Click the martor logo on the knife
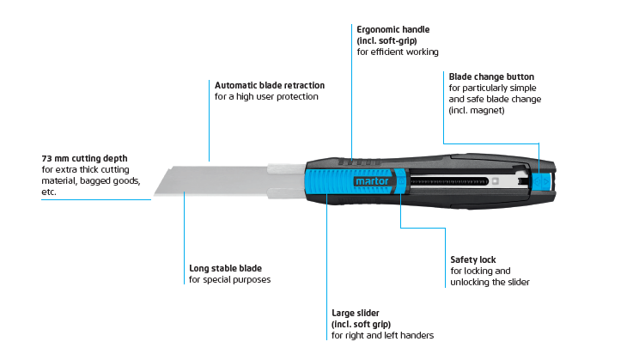[372, 181]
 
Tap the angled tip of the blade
[155, 194]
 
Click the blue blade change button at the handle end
[541, 181]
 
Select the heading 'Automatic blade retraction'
[270, 85]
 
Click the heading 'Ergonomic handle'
[393, 29]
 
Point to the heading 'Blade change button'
[491, 76]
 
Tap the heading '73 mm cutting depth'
[84, 158]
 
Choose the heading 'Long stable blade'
[225, 268]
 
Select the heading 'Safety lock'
[472, 259]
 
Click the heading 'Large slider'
[355, 313]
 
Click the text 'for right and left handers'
[382, 336]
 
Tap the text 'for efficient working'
[398, 52]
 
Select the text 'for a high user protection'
[266, 96]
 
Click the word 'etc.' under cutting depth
[48, 192]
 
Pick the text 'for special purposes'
[229, 280]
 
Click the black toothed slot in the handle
[449, 181]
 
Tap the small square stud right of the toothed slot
[496, 181]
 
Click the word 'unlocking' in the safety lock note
[469, 282]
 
